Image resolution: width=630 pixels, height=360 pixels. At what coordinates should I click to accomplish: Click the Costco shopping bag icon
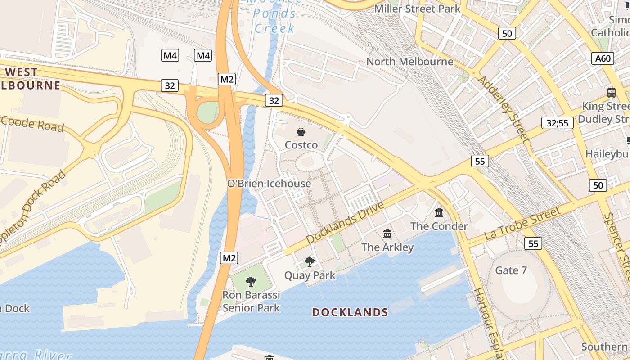(301, 132)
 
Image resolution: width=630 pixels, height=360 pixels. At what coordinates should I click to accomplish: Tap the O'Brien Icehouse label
(269, 184)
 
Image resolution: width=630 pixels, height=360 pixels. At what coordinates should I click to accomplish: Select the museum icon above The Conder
(439, 212)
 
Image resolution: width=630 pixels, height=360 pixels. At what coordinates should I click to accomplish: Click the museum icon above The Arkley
(387, 234)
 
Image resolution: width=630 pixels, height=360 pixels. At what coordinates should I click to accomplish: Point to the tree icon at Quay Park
(310, 261)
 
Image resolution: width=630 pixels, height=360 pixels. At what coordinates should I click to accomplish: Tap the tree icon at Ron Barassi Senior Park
(251, 282)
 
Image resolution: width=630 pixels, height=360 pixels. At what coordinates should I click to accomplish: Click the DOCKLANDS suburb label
(350, 312)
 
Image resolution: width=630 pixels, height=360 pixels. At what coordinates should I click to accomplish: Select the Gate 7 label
(511, 270)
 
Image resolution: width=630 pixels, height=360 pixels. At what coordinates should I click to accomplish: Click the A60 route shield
(603, 58)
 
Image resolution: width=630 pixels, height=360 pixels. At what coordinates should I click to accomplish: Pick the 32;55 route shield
(557, 123)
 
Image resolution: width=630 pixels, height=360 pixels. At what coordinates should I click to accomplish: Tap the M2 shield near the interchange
(227, 80)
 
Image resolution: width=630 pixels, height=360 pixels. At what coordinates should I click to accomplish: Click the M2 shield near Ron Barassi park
(229, 258)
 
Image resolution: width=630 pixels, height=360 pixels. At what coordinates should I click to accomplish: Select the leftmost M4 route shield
(170, 56)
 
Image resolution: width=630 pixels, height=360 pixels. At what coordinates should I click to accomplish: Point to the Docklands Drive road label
(345, 223)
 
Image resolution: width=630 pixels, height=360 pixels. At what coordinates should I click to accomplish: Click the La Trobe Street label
(522, 224)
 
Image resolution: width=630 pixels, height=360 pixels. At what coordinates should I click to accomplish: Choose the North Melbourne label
(409, 62)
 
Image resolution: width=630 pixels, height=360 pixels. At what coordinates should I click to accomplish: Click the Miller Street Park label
(417, 9)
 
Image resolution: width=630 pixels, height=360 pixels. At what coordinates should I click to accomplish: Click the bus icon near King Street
(611, 93)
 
